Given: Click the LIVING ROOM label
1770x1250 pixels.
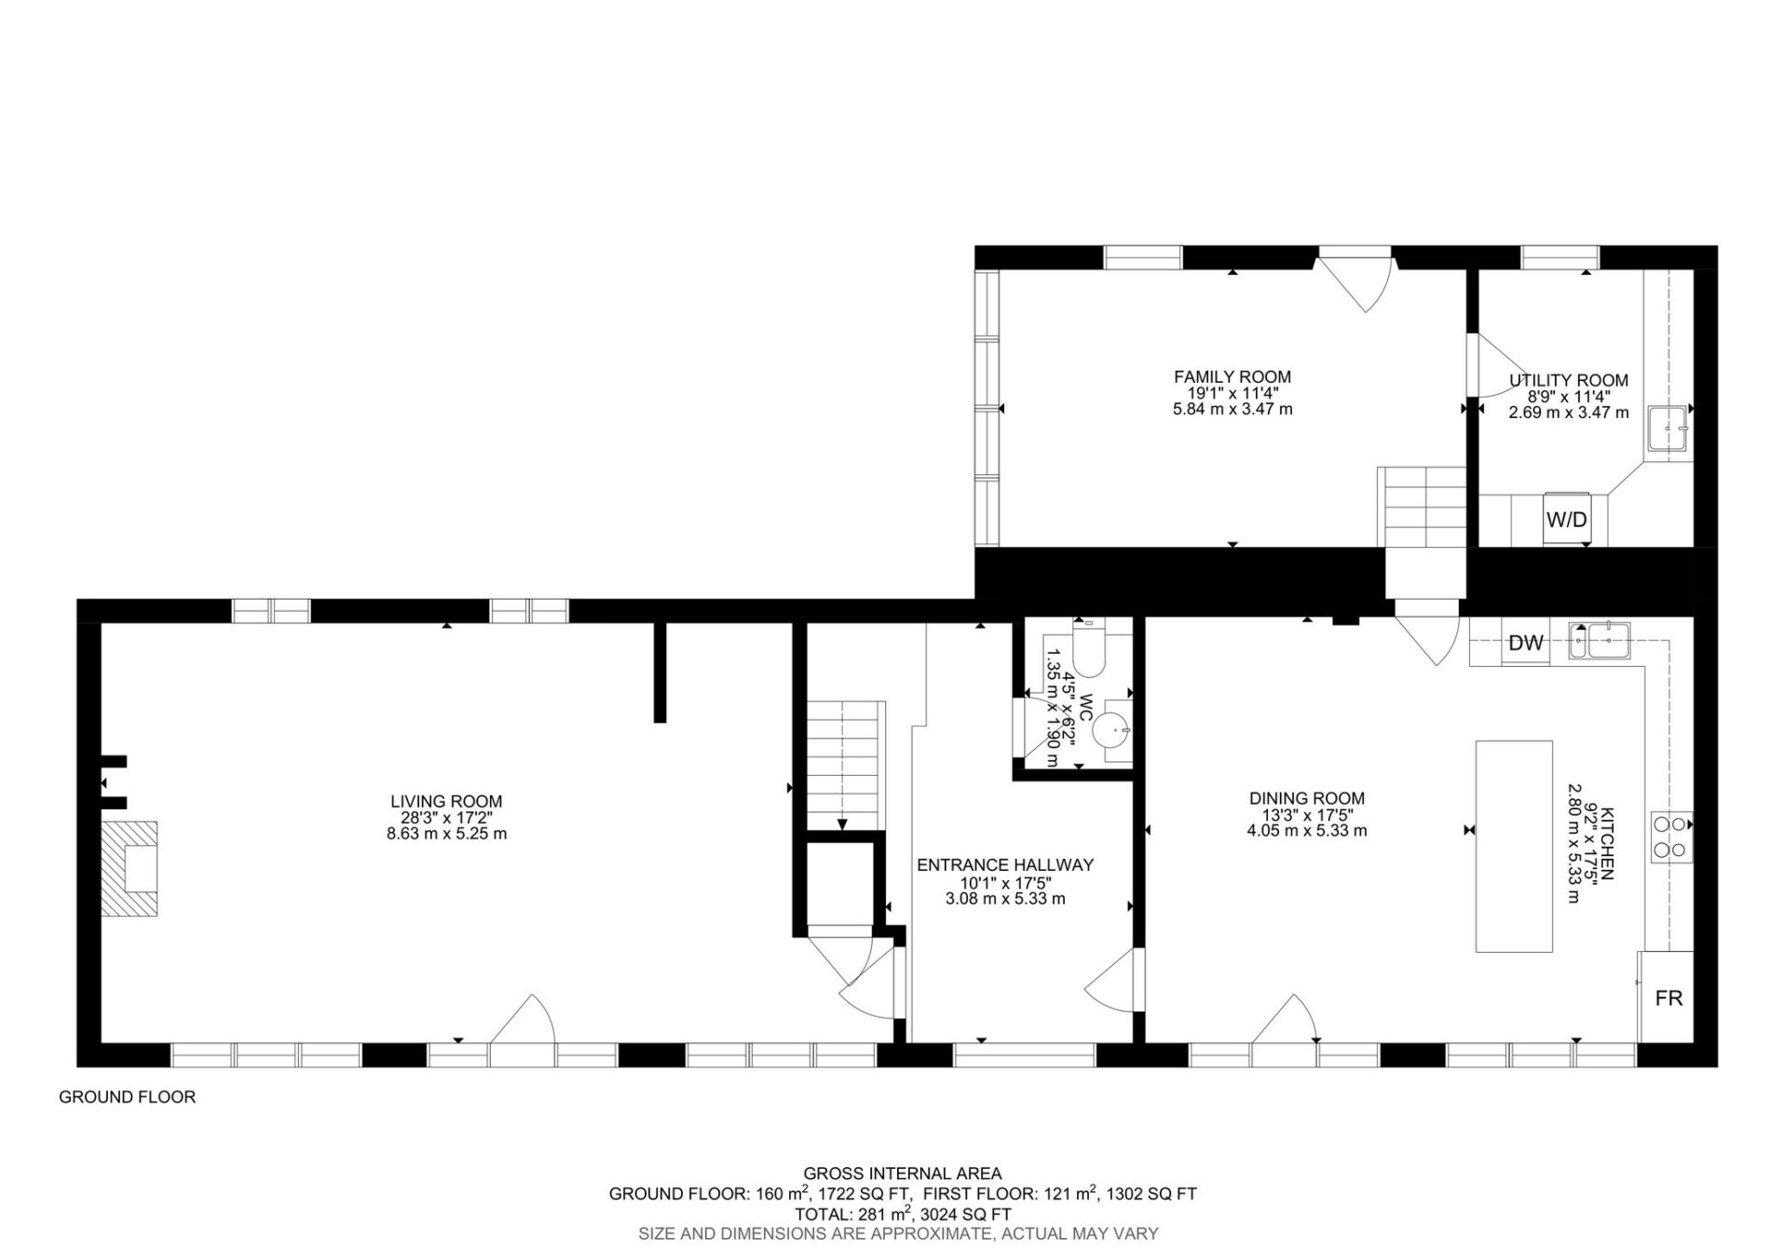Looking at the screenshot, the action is [x=446, y=801].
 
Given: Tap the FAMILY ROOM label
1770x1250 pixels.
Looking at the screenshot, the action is [x=1232, y=376].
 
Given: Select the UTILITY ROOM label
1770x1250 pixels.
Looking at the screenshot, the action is [x=1569, y=380].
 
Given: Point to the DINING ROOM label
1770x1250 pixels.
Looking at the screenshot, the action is [x=1307, y=798].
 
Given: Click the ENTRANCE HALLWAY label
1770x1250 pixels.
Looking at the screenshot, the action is [x=1005, y=864].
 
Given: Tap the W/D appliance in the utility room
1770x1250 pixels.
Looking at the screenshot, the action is [x=1567, y=519].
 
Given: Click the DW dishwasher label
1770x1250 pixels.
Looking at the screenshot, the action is [x=1526, y=642].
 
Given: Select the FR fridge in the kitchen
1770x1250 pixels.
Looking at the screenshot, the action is [x=1668, y=997].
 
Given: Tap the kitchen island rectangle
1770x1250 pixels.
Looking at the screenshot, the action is [x=1514, y=846].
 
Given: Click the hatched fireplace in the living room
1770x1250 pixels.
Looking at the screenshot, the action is [x=129, y=869].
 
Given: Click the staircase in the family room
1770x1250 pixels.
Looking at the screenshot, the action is [x=1423, y=532].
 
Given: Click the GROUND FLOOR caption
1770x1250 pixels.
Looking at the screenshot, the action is [x=128, y=1097].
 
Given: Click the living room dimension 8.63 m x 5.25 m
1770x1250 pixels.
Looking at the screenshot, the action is [x=446, y=834].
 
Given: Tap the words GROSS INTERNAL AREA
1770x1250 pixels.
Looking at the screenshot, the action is [x=903, y=1174].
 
